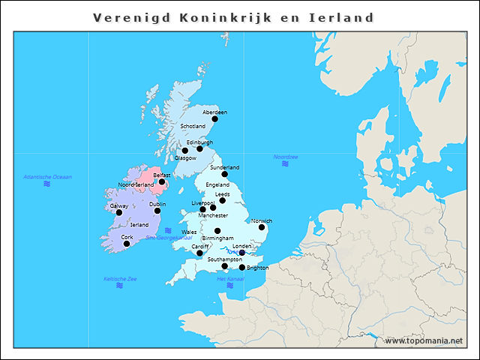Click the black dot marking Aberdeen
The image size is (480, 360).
(214, 118)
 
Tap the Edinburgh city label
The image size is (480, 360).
(199, 142)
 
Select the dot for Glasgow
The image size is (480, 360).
(185, 151)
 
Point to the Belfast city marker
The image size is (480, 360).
(162, 181)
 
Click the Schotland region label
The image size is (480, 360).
(193, 126)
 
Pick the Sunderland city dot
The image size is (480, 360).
(224, 174)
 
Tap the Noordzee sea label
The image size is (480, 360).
(286, 157)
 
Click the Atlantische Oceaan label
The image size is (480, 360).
(47, 177)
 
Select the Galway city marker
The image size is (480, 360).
(118, 212)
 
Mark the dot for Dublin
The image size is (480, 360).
(157, 211)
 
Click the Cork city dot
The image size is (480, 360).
(127, 244)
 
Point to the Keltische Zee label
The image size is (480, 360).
(120, 279)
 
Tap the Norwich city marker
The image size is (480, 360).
(262, 227)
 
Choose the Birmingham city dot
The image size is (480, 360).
(217, 231)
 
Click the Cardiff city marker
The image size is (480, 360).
(199, 253)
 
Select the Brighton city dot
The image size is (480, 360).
(242, 268)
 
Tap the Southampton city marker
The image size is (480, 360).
(225, 266)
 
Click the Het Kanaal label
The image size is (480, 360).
(230, 279)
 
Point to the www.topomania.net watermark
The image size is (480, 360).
(424, 340)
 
